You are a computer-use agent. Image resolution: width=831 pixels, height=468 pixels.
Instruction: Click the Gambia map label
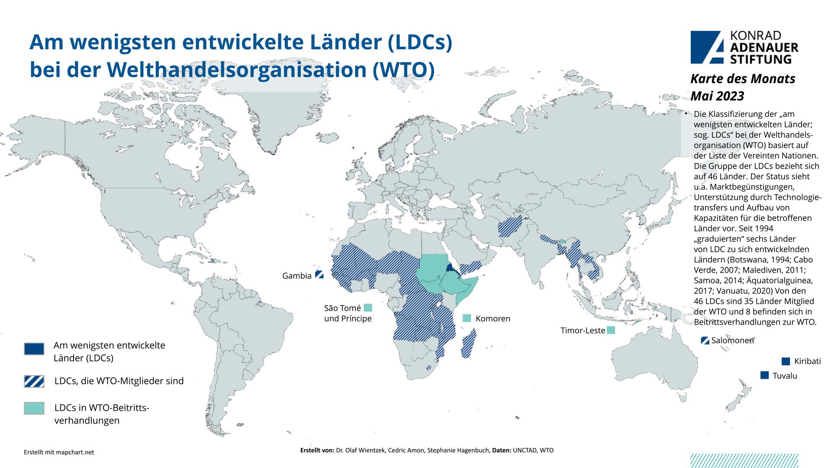point(296,276)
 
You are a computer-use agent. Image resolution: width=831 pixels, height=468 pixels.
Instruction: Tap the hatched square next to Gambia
point(319,274)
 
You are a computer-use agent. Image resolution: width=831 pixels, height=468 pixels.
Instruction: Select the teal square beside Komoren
point(467,318)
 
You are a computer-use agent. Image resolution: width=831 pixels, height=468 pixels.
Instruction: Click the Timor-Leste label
point(583,331)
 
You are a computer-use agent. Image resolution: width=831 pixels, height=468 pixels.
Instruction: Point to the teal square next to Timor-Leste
point(611,330)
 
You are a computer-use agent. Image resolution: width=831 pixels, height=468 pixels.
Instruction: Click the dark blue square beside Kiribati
point(786,361)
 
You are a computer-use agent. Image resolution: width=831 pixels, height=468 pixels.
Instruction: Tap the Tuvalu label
point(785,376)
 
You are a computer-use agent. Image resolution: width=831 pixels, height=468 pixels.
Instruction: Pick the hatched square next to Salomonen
point(705,341)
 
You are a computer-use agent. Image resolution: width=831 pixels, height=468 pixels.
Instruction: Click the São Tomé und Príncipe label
point(348,313)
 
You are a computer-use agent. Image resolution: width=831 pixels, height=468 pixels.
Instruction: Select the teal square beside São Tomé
point(368,308)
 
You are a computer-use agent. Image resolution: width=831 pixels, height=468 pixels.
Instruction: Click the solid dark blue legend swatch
point(34,349)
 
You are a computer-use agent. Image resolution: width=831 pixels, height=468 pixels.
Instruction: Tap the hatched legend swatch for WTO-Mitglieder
point(34,381)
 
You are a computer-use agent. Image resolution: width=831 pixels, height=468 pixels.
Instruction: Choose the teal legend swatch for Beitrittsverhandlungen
point(34,408)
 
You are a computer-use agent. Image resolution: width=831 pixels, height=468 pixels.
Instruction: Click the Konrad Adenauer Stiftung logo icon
point(706,47)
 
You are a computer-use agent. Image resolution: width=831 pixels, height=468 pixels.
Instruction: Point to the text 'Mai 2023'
point(717,95)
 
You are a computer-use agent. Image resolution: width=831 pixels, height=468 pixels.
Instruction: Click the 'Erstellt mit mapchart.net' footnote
point(58,452)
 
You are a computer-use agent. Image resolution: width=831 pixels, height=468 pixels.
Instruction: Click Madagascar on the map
point(469,344)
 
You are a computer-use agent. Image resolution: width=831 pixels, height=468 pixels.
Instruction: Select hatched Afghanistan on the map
point(511,226)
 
